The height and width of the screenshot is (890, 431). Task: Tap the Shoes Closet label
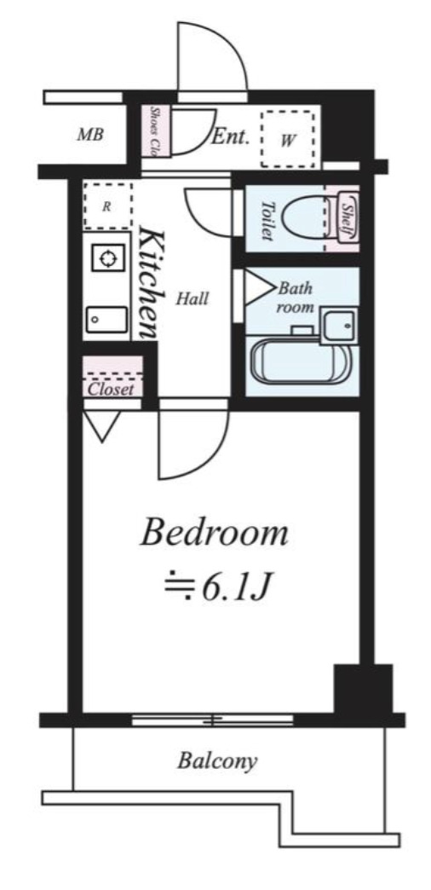(157, 128)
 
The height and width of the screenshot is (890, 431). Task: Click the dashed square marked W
(287, 139)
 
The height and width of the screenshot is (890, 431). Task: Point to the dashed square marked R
(107, 205)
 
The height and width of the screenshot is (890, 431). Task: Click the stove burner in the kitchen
(108, 258)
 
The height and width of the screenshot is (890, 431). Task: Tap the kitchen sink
(106, 320)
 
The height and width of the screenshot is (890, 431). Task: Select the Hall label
(193, 298)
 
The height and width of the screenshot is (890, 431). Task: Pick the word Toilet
(267, 220)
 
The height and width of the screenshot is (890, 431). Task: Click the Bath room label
(296, 296)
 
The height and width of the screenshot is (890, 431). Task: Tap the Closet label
(111, 389)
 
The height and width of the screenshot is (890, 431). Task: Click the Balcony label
(217, 760)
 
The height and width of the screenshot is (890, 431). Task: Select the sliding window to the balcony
(213, 720)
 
